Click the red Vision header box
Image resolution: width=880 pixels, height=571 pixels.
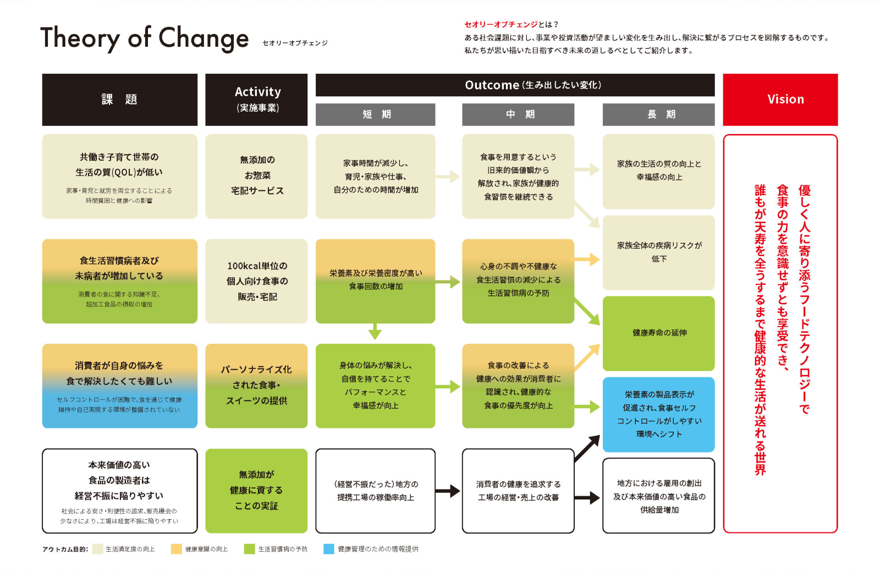780,100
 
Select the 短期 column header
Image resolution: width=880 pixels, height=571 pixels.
375,114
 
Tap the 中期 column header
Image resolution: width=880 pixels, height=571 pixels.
518,114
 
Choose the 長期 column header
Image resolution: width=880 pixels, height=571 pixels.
659,114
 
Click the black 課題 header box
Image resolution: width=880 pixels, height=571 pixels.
120,100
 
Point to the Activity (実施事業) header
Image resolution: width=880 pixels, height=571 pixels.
256,100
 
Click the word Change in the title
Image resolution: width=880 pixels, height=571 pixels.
204,39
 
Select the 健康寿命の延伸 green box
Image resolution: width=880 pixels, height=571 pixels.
659,333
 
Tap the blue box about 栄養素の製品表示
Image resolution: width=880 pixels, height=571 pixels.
659,414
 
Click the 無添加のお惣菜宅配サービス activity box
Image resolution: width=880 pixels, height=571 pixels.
256,176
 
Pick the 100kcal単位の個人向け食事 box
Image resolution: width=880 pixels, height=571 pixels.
256,281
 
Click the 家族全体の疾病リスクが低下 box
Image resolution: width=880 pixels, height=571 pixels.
659,252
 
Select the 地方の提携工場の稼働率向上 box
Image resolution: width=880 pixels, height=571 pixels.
375,491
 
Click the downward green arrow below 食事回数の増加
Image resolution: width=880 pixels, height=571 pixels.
375,331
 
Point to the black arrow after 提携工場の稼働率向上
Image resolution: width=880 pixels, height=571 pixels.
448,491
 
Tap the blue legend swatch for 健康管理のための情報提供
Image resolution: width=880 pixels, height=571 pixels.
328,548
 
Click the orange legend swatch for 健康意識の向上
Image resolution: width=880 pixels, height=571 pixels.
177,548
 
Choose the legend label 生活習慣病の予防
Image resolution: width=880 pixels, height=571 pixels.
283,549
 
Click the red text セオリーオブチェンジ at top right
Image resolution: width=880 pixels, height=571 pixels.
501,24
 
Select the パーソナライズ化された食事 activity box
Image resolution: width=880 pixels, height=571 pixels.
256,386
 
